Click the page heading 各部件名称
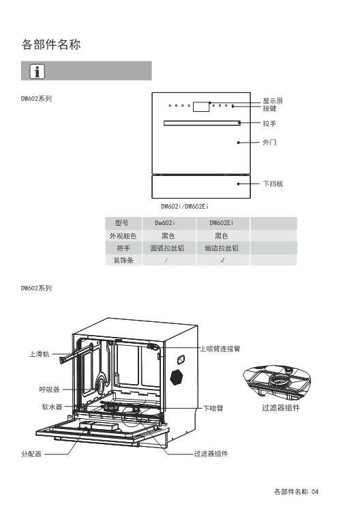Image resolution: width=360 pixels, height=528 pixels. [51, 44]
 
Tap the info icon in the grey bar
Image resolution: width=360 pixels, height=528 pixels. [37, 72]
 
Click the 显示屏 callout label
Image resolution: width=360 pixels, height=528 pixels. [273, 101]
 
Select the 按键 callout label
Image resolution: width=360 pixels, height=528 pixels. [269, 108]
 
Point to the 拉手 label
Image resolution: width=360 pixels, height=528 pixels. [269, 123]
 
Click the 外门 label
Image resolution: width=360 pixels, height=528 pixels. [269, 142]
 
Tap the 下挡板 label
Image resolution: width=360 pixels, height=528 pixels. [273, 184]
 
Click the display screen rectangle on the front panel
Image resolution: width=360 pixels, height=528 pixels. [201, 106]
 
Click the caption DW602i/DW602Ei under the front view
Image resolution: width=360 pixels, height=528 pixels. [185, 206]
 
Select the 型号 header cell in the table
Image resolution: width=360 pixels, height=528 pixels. [122, 223]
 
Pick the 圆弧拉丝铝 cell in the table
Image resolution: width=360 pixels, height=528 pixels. [167, 248]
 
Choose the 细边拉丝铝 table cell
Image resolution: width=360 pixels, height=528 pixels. [222, 248]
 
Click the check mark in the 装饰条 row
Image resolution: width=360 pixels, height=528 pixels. [222, 260]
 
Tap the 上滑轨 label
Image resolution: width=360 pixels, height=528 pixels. [39, 354]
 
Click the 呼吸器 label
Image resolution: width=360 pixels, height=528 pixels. [49, 390]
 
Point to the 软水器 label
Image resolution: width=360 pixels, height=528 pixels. [52, 407]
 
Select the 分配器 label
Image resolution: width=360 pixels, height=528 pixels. [31, 454]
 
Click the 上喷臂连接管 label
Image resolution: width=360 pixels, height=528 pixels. [220, 349]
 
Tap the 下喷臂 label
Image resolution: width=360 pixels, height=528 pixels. [213, 409]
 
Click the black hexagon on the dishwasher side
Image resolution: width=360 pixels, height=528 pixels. [177, 377]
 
